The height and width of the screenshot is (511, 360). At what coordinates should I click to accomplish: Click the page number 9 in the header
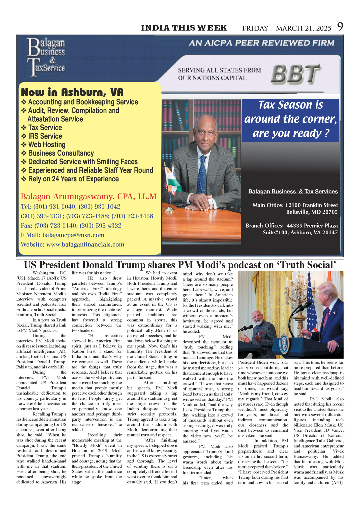click(340, 27)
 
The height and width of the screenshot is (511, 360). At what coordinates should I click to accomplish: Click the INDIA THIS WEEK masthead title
click(184, 28)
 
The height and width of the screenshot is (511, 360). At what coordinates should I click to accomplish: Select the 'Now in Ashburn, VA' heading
click(72, 92)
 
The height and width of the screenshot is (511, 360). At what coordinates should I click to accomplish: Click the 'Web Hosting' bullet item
click(47, 145)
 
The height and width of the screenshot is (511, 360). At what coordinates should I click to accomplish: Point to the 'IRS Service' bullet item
click(45, 136)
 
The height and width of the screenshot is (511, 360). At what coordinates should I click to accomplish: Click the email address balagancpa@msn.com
click(73, 235)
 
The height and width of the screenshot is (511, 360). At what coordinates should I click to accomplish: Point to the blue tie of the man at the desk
click(202, 174)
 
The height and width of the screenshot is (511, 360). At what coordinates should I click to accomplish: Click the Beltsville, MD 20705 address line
click(312, 212)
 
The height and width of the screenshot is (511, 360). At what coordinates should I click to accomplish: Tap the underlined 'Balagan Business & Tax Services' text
click(293, 191)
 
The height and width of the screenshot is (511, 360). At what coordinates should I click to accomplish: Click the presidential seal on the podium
click(284, 342)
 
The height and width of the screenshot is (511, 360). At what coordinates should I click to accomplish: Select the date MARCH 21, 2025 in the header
click(304, 28)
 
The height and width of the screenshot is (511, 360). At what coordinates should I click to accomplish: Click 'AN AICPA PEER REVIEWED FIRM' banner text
click(261, 43)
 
